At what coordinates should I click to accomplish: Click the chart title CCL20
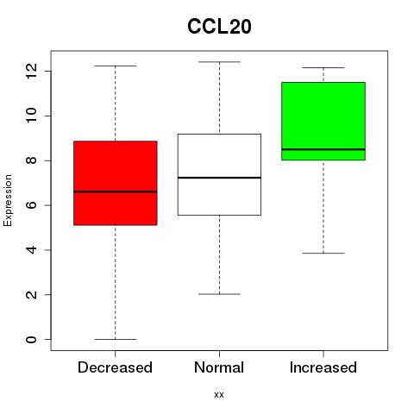[x=219, y=27]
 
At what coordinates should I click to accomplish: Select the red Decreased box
[x=116, y=183]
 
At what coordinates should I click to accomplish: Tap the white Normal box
[x=219, y=174]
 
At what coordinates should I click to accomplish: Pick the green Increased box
[x=323, y=121]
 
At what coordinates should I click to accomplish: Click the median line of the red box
[x=116, y=191]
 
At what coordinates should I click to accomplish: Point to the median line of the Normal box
[x=219, y=178]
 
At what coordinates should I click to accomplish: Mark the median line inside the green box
[x=323, y=149]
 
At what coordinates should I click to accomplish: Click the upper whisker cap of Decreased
[x=116, y=66]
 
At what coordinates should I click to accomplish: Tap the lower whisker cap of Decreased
[x=116, y=339]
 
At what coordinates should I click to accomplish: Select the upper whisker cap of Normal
[x=219, y=62]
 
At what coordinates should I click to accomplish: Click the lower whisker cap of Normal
[x=219, y=294]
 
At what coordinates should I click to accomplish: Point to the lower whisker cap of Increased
[x=323, y=254]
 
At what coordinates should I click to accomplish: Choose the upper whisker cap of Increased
[x=323, y=68]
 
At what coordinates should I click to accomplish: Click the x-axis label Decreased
[x=115, y=367]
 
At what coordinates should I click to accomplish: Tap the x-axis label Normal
[x=219, y=367]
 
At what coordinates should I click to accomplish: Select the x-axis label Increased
[x=323, y=367]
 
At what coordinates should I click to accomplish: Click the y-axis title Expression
[x=8, y=200]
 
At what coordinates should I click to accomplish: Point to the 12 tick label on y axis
[x=31, y=71]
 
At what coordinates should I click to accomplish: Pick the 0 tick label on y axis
[x=31, y=339]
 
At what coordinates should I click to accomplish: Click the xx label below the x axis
[x=219, y=395]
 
